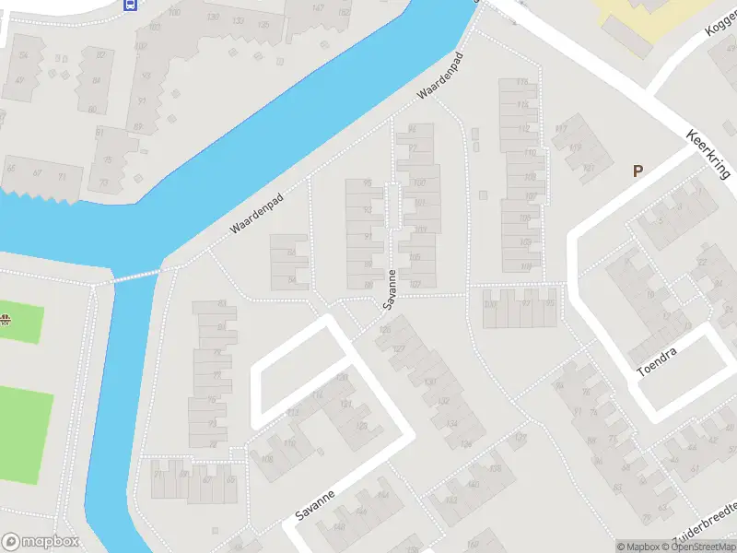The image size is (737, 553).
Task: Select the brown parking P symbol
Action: tap(637, 171)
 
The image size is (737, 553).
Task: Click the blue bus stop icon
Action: tap(130, 4)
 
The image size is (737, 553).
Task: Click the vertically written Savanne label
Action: tap(390, 288)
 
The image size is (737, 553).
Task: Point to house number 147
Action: tap(319, 8)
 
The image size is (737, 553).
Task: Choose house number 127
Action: tap(399, 348)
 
